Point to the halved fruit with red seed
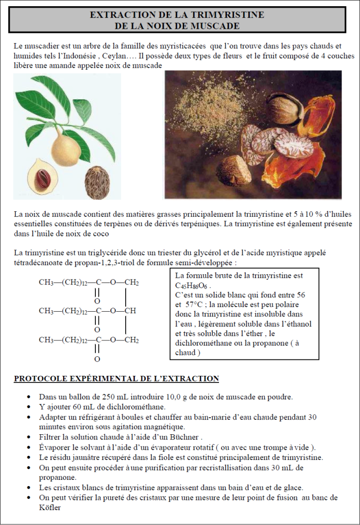click(x=43, y=176)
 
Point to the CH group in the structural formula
click(x=130, y=311)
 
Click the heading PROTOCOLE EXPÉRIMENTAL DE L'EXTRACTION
click(x=116, y=379)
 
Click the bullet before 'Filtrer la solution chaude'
click(x=27, y=437)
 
